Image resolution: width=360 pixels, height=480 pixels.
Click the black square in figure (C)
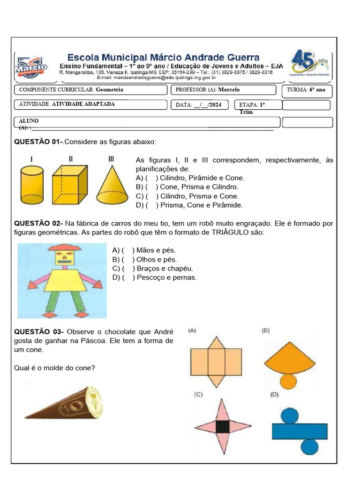click(223, 426)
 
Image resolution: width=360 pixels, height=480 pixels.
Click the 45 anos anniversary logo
click(310, 64)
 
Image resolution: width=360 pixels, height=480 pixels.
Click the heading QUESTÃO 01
click(38, 142)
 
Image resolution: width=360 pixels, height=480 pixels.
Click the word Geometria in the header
click(109, 90)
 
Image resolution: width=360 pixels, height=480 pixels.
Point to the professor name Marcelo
click(229, 90)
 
